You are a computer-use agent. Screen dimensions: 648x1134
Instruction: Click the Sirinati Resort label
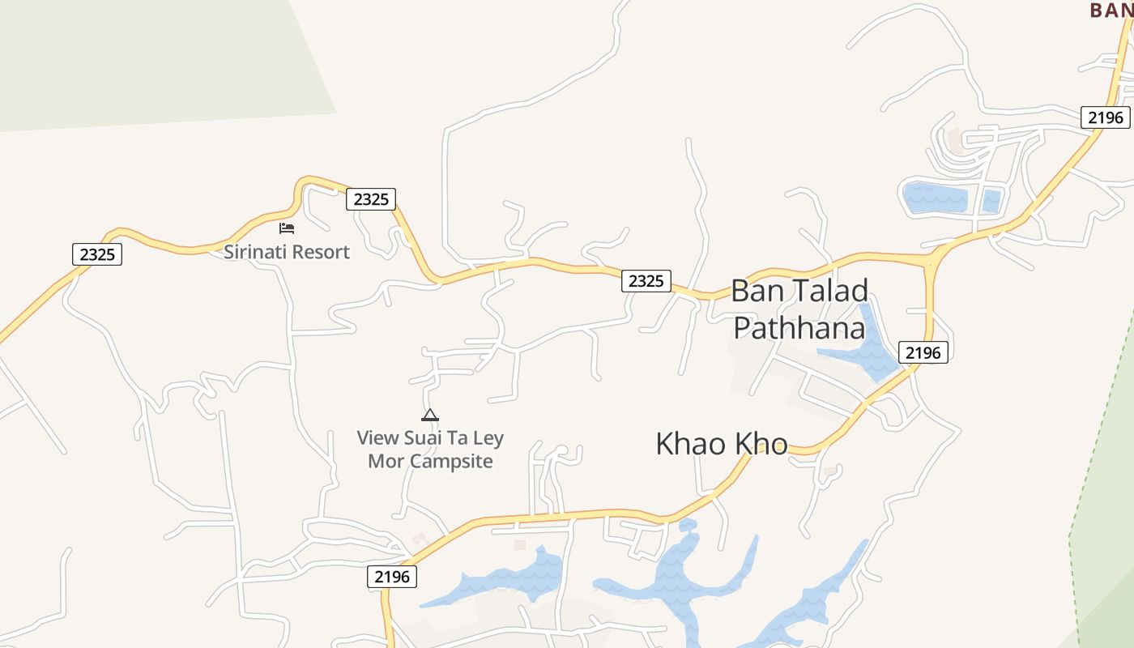(287, 252)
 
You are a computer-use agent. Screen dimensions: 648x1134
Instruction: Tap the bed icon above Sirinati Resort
(287, 228)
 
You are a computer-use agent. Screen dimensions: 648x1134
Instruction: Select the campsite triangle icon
(430, 416)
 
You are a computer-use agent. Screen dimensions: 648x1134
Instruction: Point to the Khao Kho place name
(721, 444)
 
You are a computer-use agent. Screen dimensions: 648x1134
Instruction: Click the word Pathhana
(799, 328)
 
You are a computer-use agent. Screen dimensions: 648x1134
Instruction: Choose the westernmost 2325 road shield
(97, 254)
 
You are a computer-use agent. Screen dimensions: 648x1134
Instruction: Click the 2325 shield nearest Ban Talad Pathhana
(646, 281)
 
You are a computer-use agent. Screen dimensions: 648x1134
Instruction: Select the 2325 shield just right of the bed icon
(371, 199)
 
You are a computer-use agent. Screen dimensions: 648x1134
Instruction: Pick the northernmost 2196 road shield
(1106, 117)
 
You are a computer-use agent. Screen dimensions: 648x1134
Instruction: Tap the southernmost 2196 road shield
(393, 577)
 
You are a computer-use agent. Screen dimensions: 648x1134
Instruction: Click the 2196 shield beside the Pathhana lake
(923, 352)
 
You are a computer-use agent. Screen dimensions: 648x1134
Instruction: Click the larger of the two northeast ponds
(935, 198)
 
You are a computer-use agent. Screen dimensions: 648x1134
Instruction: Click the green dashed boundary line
(1102, 429)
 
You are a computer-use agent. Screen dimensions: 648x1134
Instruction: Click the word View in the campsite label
(378, 438)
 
